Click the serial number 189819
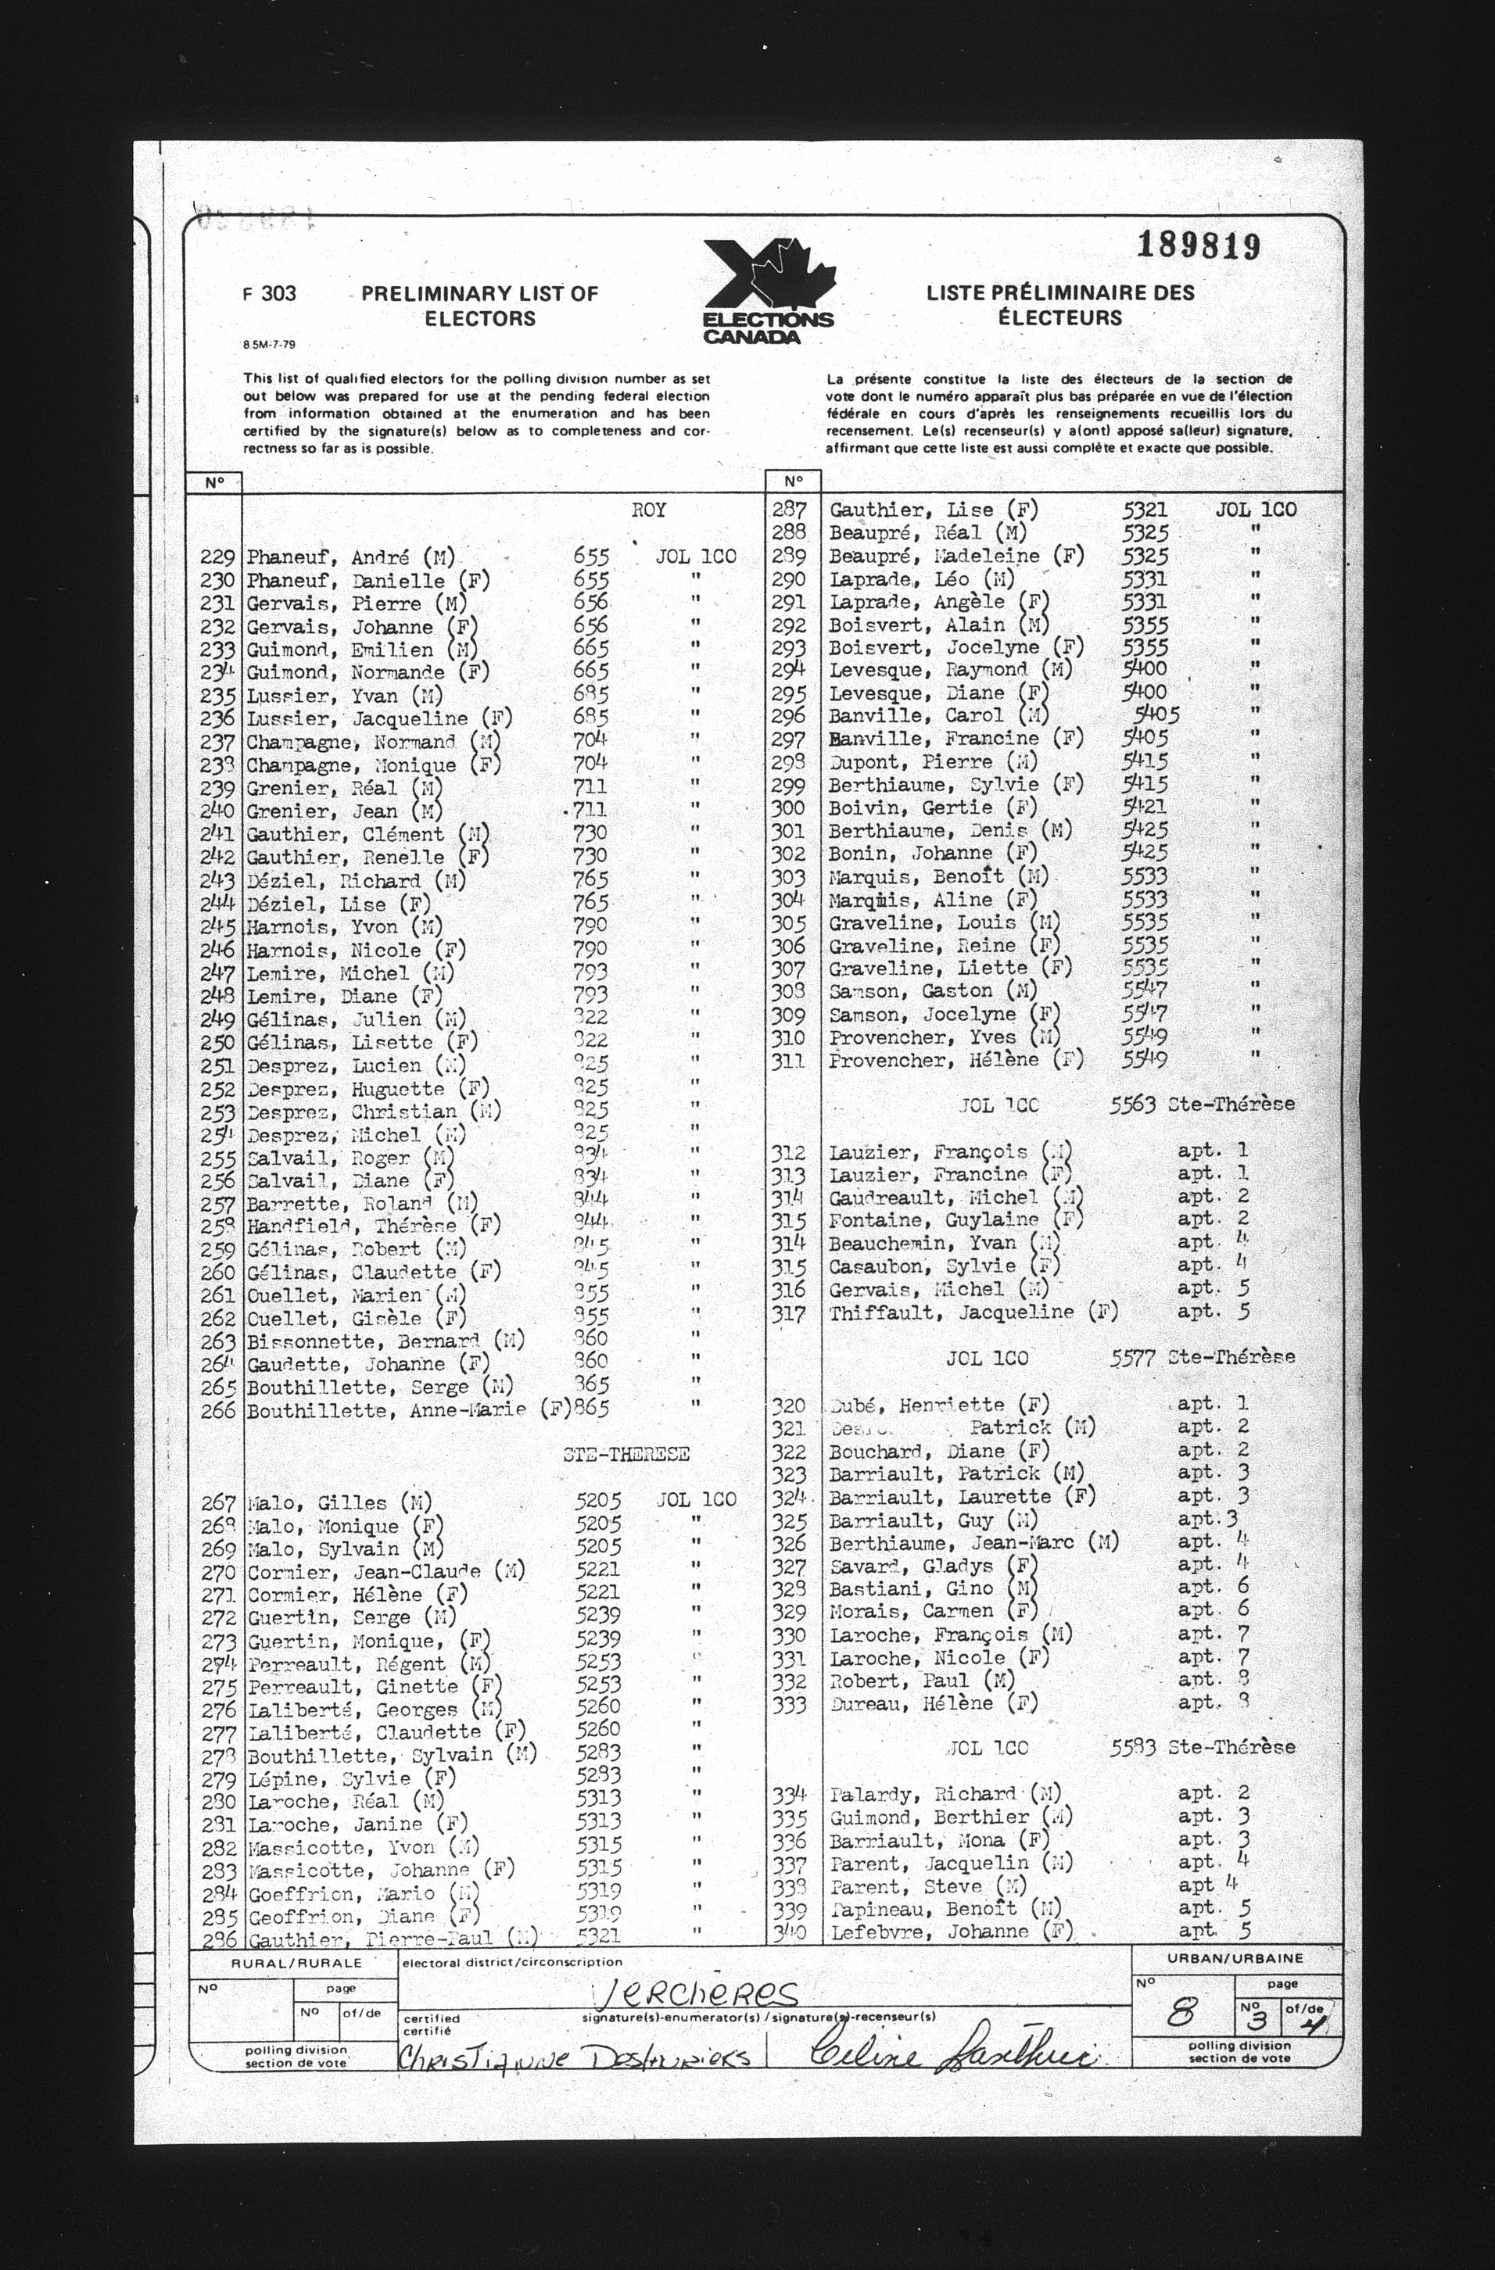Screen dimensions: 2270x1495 1199,247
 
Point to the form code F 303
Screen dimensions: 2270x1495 270,294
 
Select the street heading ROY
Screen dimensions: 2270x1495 649,510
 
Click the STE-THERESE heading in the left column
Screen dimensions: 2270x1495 625,1455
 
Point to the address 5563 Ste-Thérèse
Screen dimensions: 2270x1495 1202,1105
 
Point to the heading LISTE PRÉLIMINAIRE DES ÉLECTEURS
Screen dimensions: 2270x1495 1060,305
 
